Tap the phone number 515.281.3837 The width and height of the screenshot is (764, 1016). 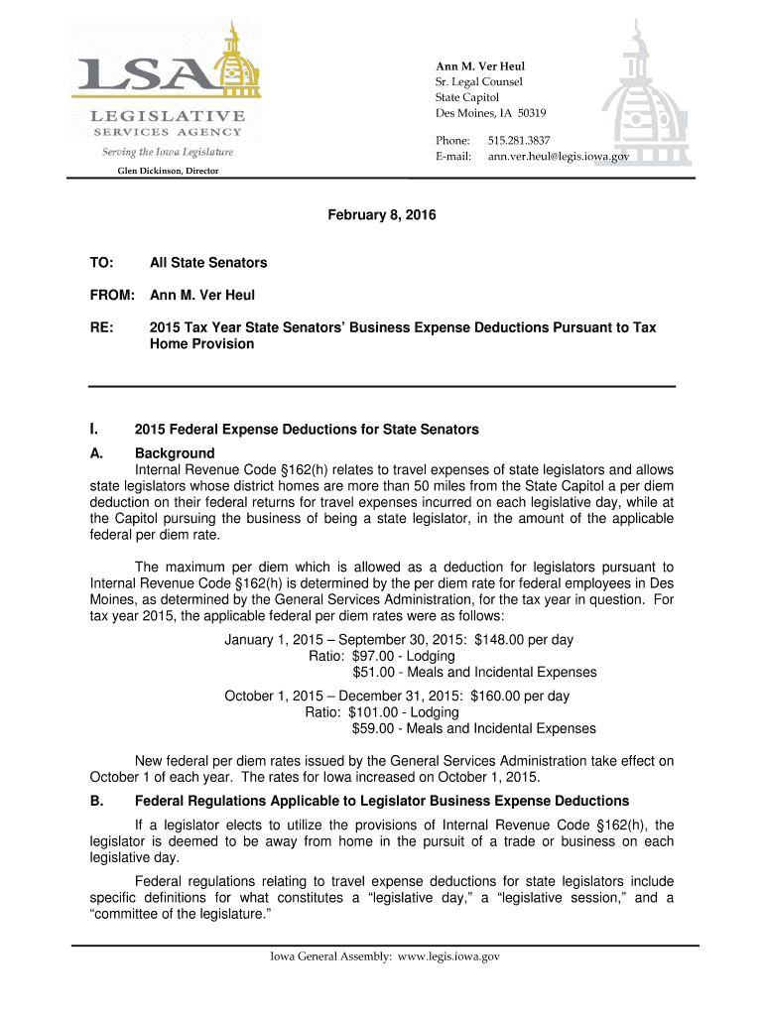click(519, 141)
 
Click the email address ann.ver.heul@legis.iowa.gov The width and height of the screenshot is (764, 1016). click(558, 157)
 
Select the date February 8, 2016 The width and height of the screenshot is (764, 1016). click(382, 215)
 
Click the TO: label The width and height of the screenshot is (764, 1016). click(102, 263)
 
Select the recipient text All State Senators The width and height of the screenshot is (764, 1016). click(208, 263)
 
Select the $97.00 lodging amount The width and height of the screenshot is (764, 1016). click(372, 656)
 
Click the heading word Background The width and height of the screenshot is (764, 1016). click(175, 453)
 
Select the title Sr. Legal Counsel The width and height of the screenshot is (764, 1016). click(479, 81)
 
